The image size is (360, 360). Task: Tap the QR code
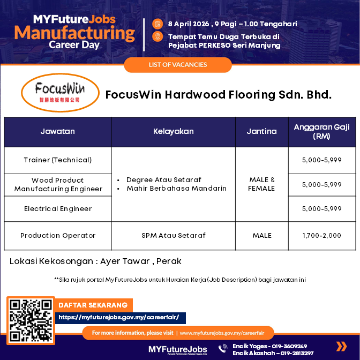pyautogui.click(x=31, y=320)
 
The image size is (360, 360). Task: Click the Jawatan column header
pyautogui.click(x=57, y=131)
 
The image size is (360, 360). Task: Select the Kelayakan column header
pyautogui.click(x=173, y=131)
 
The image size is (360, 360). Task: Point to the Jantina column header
pyautogui.click(x=261, y=131)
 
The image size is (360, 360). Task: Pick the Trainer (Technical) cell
pyautogui.click(x=57, y=160)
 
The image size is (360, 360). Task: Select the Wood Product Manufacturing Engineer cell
pyautogui.click(x=57, y=184)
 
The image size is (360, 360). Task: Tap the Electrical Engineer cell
pyautogui.click(x=57, y=209)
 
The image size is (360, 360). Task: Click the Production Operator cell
pyautogui.click(x=57, y=236)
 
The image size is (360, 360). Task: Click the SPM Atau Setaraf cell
pyautogui.click(x=173, y=236)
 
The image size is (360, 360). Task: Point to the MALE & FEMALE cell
pyautogui.click(x=261, y=184)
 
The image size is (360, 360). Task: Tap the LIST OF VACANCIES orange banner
pyautogui.click(x=178, y=65)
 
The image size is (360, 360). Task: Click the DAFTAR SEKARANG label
pyautogui.click(x=93, y=305)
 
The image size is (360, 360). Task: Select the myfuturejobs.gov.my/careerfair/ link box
pyautogui.click(x=122, y=318)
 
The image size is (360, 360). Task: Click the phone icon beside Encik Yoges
pyautogui.click(x=223, y=349)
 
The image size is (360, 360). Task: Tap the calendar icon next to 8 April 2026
pyautogui.click(x=157, y=24)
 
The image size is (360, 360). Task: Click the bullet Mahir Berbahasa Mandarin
pyautogui.click(x=176, y=189)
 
